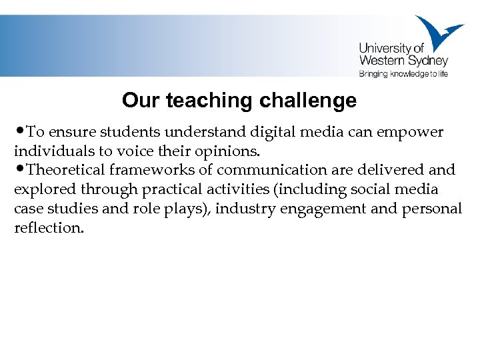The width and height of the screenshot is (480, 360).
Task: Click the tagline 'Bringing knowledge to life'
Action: click(x=403, y=74)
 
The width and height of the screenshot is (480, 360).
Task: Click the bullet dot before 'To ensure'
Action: click(x=18, y=131)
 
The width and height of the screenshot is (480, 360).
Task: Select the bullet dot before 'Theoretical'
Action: click(x=18, y=169)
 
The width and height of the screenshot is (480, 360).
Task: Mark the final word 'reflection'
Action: click(x=49, y=228)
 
